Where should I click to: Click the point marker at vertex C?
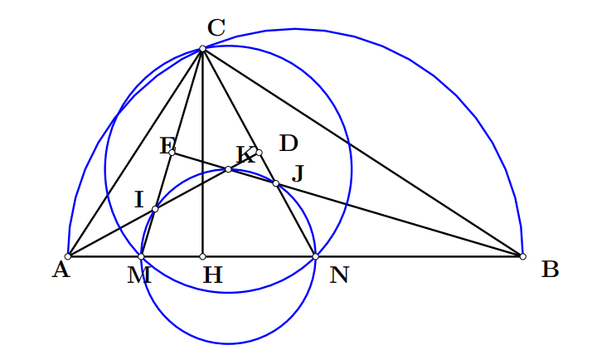[x=203, y=48]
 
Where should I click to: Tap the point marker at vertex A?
[x=68, y=256]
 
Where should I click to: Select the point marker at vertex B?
[x=523, y=256]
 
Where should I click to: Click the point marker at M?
[x=141, y=256]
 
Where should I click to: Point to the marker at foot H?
[x=203, y=256]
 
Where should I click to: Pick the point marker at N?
[x=316, y=256]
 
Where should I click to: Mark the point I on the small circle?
[x=155, y=209]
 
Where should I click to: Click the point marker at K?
[x=228, y=169]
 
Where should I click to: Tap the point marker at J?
[x=276, y=183]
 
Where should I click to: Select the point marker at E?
[x=172, y=153]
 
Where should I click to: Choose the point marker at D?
[x=259, y=153]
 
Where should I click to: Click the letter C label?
[x=216, y=27]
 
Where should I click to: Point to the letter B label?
[x=550, y=270]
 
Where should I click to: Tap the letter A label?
[x=61, y=270]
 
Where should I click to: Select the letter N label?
[x=339, y=275]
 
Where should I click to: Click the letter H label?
[x=213, y=275]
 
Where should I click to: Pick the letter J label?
[x=298, y=173]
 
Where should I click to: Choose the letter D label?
[x=289, y=144]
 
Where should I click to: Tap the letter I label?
[x=139, y=199]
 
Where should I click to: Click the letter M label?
[x=139, y=275]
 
